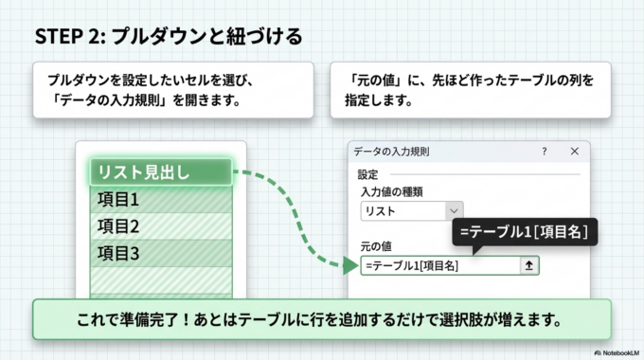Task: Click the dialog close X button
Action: point(574,152)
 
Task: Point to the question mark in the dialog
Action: point(544,152)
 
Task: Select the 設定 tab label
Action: point(368,174)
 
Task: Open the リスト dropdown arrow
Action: point(455,211)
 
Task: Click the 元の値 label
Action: point(377,246)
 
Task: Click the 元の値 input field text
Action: point(412,266)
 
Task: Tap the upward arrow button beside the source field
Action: point(529,266)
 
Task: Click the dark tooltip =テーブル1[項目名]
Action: point(524,231)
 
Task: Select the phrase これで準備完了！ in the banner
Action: point(129,320)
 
